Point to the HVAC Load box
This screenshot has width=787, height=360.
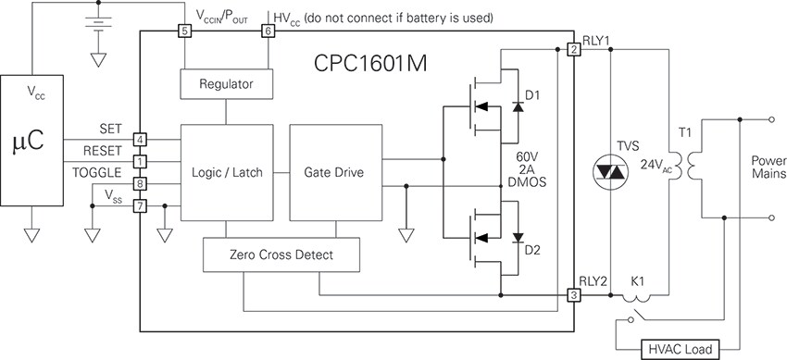(681, 349)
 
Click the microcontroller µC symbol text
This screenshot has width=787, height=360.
(31, 144)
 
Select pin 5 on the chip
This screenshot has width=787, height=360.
(184, 31)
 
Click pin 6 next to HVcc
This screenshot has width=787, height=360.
(269, 31)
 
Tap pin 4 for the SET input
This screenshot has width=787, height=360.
(139, 139)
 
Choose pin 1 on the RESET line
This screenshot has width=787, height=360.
(139, 162)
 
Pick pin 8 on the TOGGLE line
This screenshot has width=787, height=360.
(139, 183)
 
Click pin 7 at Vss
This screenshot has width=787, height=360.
(139, 205)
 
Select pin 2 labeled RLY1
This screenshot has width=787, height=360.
(574, 50)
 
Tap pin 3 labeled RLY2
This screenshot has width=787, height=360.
(574, 295)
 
